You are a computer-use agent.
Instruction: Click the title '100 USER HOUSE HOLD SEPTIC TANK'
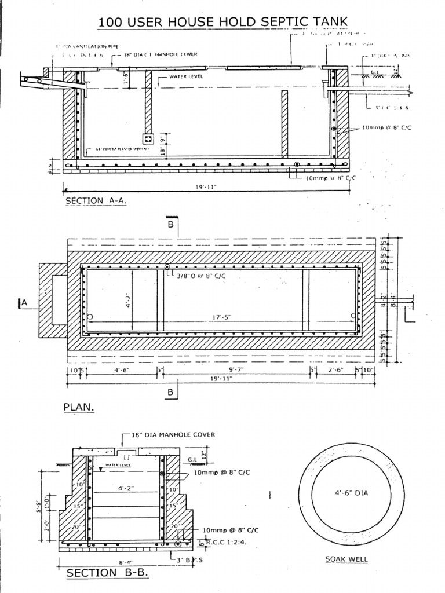pos(223,22)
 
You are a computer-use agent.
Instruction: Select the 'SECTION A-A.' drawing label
pos(96,200)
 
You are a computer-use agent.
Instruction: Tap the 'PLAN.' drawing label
pos(78,407)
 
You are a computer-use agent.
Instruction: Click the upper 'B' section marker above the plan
pos(171,225)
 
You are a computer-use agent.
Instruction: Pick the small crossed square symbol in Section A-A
pos(148,140)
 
